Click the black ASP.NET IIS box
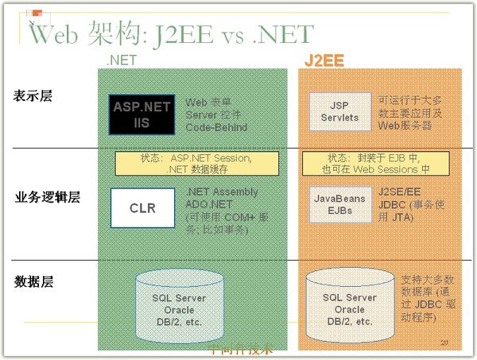point(142,114)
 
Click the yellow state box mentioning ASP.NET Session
point(197,164)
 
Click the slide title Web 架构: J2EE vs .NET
point(171,34)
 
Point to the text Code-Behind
point(216,127)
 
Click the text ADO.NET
point(208,204)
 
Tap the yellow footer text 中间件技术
point(239,348)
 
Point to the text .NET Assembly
point(222,192)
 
